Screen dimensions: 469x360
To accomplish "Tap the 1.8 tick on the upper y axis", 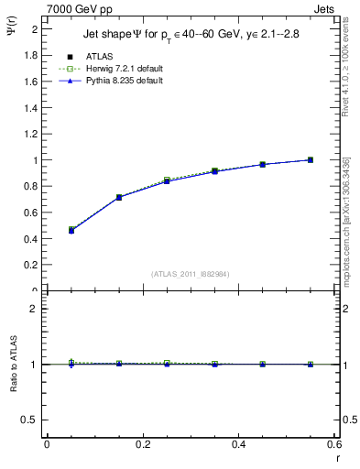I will point(33,55).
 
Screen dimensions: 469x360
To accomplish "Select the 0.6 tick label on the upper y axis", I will point(33,213).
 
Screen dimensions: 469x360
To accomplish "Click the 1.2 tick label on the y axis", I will point(33,134).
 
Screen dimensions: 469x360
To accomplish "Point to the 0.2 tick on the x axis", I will point(142,444).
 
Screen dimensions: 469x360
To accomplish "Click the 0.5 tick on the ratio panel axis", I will point(33,420).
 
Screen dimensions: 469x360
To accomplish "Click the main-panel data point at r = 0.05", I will point(71,230).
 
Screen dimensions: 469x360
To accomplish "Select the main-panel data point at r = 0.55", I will point(311,159).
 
